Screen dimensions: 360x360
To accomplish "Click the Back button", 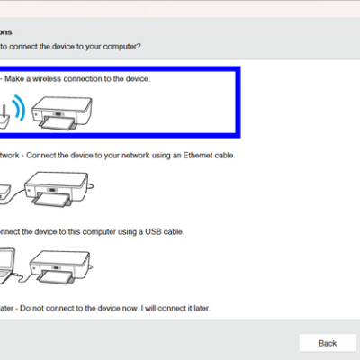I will (328, 343).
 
